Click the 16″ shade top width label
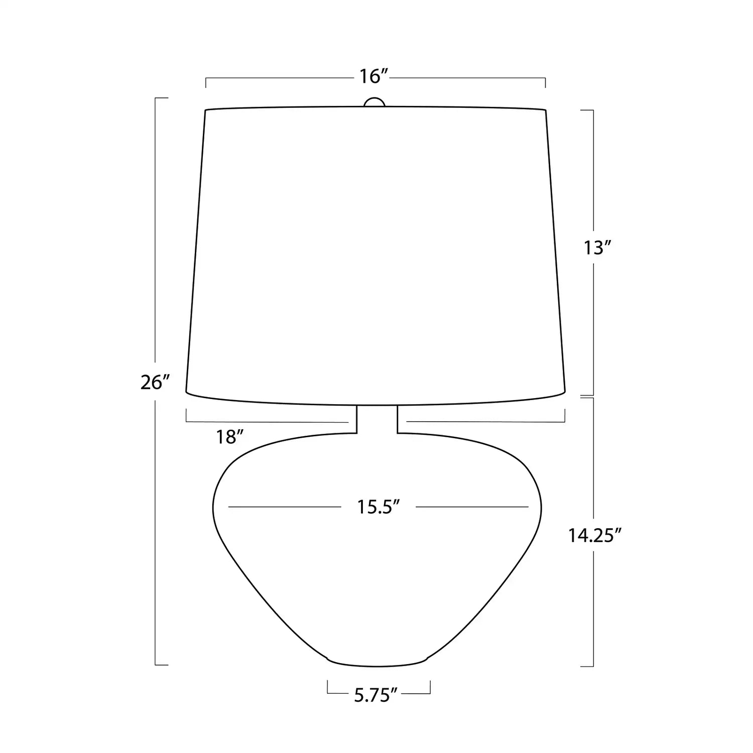pyautogui.click(x=374, y=76)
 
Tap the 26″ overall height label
pyautogui.click(x=153, y=383)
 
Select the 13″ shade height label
pyautogui.click(x=597, y=248)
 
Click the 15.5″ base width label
pyautogui.click(x=378, y=507)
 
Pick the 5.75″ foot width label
pyautogui.click(x=376, y=695)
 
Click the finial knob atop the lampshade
pyautogui.click(x=374, y=102)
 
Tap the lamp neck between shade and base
pyautogui.click(x=377, y=419)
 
